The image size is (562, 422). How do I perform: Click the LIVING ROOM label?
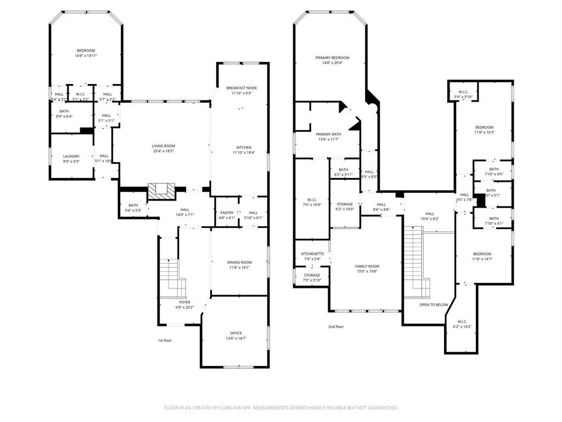[x=164, y=146]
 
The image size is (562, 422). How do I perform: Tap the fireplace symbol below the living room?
[x=161, y=191]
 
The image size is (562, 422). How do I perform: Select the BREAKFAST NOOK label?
[x=241, y=88]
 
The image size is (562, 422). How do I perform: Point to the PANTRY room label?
[x=227, y=213]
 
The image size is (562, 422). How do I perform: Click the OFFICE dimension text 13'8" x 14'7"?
[x=235, y=338]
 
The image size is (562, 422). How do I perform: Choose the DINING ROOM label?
[x=239, y=262]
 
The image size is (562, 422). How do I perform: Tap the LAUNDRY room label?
[x=71, y=156]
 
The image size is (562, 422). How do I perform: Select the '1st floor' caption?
[x=164, y=341]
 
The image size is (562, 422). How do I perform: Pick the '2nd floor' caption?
[x=336, y=326]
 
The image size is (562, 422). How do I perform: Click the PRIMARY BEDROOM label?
[x=332, y=58]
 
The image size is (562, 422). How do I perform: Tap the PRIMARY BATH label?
[x=328, y=134]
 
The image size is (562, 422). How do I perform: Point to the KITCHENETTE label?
[x=312, y=254]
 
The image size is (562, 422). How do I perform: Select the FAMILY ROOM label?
[x=367, y=266]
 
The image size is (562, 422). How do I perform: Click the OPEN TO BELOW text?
[x=434, y=304]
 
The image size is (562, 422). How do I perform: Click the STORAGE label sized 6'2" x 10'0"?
[x=345, y=204]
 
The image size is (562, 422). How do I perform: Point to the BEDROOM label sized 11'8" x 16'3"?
[x=484, y=127]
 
